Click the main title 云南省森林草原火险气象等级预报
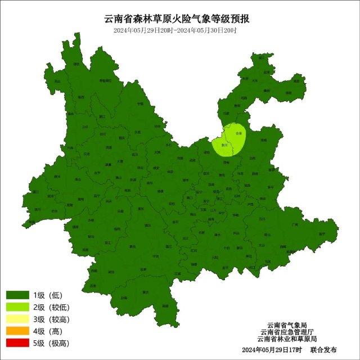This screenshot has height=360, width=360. click(x=180, y=18)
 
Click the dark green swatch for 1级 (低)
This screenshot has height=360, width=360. click(x=17, y=295)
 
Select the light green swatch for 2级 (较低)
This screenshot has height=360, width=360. click(x=17, y=307)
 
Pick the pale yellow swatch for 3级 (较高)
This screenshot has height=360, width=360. click(x=17, y=319)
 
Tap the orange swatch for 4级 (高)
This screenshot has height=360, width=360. click(x=17, y=331)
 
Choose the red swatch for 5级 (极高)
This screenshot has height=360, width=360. click(x=17, y=343)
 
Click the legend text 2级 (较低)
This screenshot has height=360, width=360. click(x=50, y=307)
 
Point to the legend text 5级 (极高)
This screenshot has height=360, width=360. click(x=50, y=343)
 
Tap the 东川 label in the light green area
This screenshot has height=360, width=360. click(x=224, y=145)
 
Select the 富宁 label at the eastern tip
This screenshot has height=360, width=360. click(x=322, y=233)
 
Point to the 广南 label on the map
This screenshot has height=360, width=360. click(x=294, y=224)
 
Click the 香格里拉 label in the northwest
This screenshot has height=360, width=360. click(x=105, y=81)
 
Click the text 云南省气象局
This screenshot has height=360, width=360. click(x=287, y=325)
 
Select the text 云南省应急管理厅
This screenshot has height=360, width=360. click(x=287, y=332)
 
